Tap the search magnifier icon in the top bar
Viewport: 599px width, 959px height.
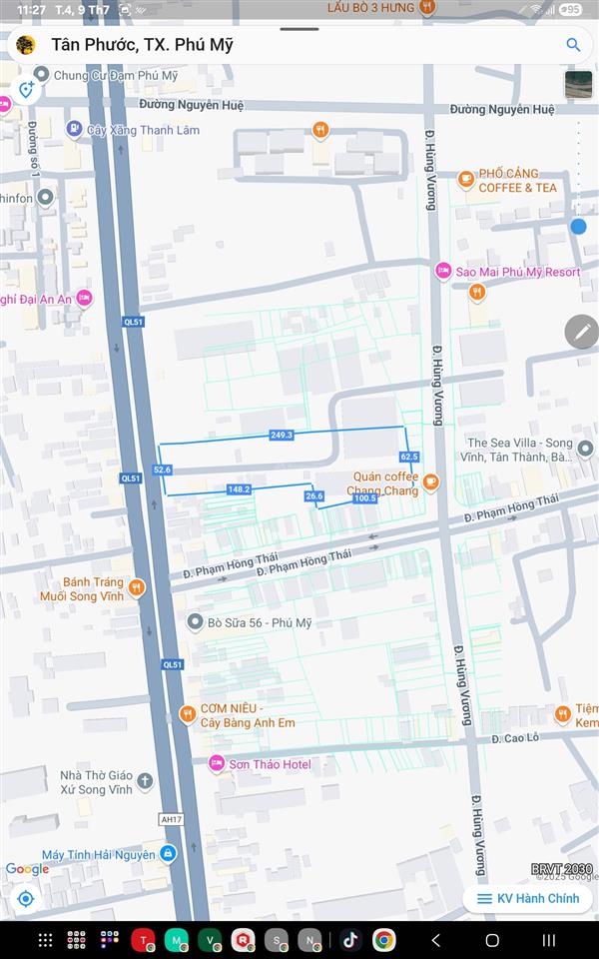[x=573, y=45]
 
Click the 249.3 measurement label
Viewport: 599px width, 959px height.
[x=282, y=436]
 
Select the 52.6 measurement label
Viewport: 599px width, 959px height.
[x=162, y=470]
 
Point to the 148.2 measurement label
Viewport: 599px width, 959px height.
[x=239, y=489]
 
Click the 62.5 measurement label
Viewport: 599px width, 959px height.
[x=408, y=457]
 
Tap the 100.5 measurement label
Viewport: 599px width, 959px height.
[x=365, y=497]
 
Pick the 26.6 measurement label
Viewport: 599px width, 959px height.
[x=314, y=495]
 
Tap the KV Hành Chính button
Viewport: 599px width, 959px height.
[x=527, y=898]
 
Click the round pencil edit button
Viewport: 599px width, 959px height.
[x=582, y=331]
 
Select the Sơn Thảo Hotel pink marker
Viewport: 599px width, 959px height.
[x=217, y=764]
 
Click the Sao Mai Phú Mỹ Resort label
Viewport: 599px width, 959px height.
[x=517, y=272]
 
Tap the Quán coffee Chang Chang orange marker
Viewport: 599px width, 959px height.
[x=430, y=482]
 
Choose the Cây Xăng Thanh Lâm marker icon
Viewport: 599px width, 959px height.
[x=74, y=129]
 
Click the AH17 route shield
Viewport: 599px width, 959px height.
[x=172, y=819]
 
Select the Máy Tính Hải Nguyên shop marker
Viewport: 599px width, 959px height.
[x=168, y=854]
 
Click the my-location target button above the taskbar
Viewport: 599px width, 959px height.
[x=26, y=898]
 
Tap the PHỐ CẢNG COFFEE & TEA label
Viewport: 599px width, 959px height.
[x=517, y=180]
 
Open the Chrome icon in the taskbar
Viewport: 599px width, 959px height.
[x=384, y=940]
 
